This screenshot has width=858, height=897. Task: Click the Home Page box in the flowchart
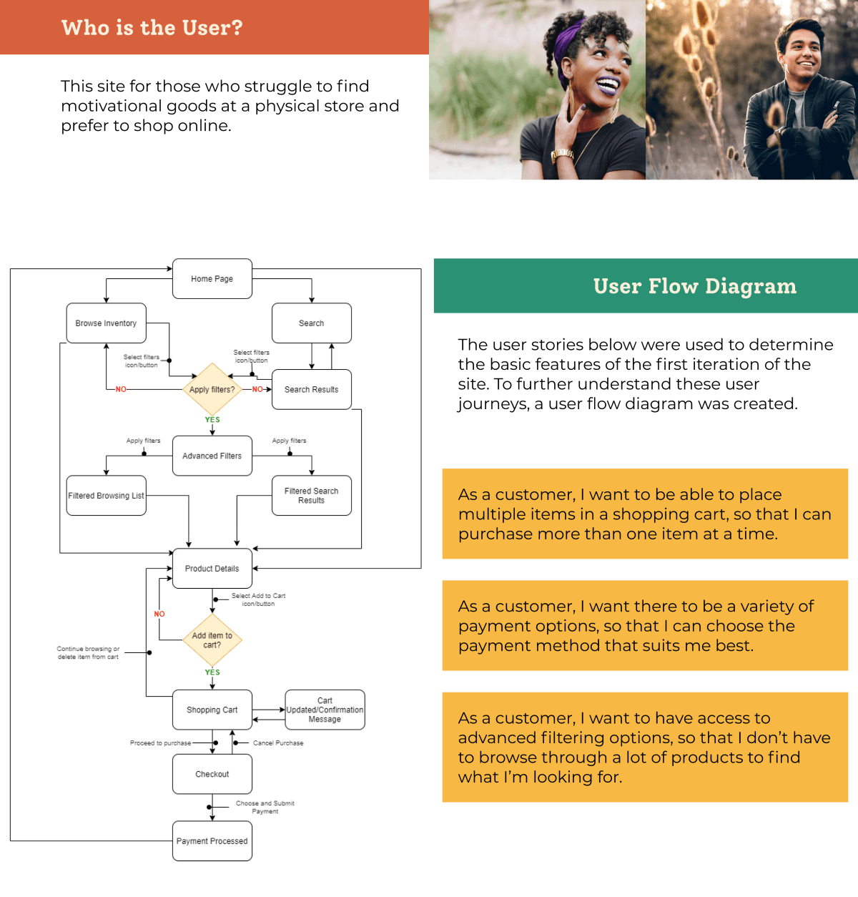click(212, 279)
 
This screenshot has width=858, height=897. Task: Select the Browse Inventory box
click(106, 323)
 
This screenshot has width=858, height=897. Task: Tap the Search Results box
click(311, 390)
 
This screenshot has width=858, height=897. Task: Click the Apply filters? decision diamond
click(212, 390)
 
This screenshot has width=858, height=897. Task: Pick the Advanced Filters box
click(212, 456)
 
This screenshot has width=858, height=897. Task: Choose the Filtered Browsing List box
click(106, 496)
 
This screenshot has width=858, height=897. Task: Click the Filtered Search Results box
click(311, 496)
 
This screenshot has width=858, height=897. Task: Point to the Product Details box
click(212, 569)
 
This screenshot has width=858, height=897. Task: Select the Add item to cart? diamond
click(212, 640)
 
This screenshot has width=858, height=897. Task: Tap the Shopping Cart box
click(212, 710)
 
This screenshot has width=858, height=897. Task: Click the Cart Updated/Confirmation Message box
click(325, 710)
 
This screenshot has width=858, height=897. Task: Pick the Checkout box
click(212, 774)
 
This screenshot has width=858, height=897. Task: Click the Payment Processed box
click(212, 841)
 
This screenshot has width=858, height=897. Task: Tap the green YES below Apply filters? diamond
click(212, 420)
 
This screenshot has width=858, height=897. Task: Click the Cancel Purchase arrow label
click(278, 743)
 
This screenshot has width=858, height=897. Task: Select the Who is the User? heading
click(152, 28)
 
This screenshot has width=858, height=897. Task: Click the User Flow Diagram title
click(694, 286)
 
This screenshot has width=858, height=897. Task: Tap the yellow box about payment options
click(645, 625)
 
